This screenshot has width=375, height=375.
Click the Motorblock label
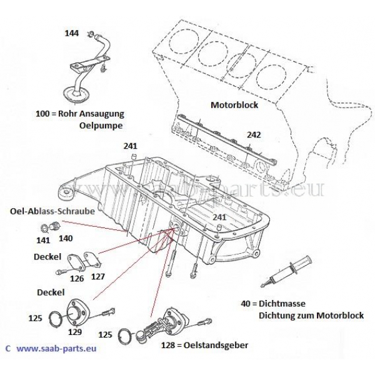click(234, 106)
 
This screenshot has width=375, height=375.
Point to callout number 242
click(254, 134)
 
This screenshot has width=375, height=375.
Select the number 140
click(66, 238)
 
